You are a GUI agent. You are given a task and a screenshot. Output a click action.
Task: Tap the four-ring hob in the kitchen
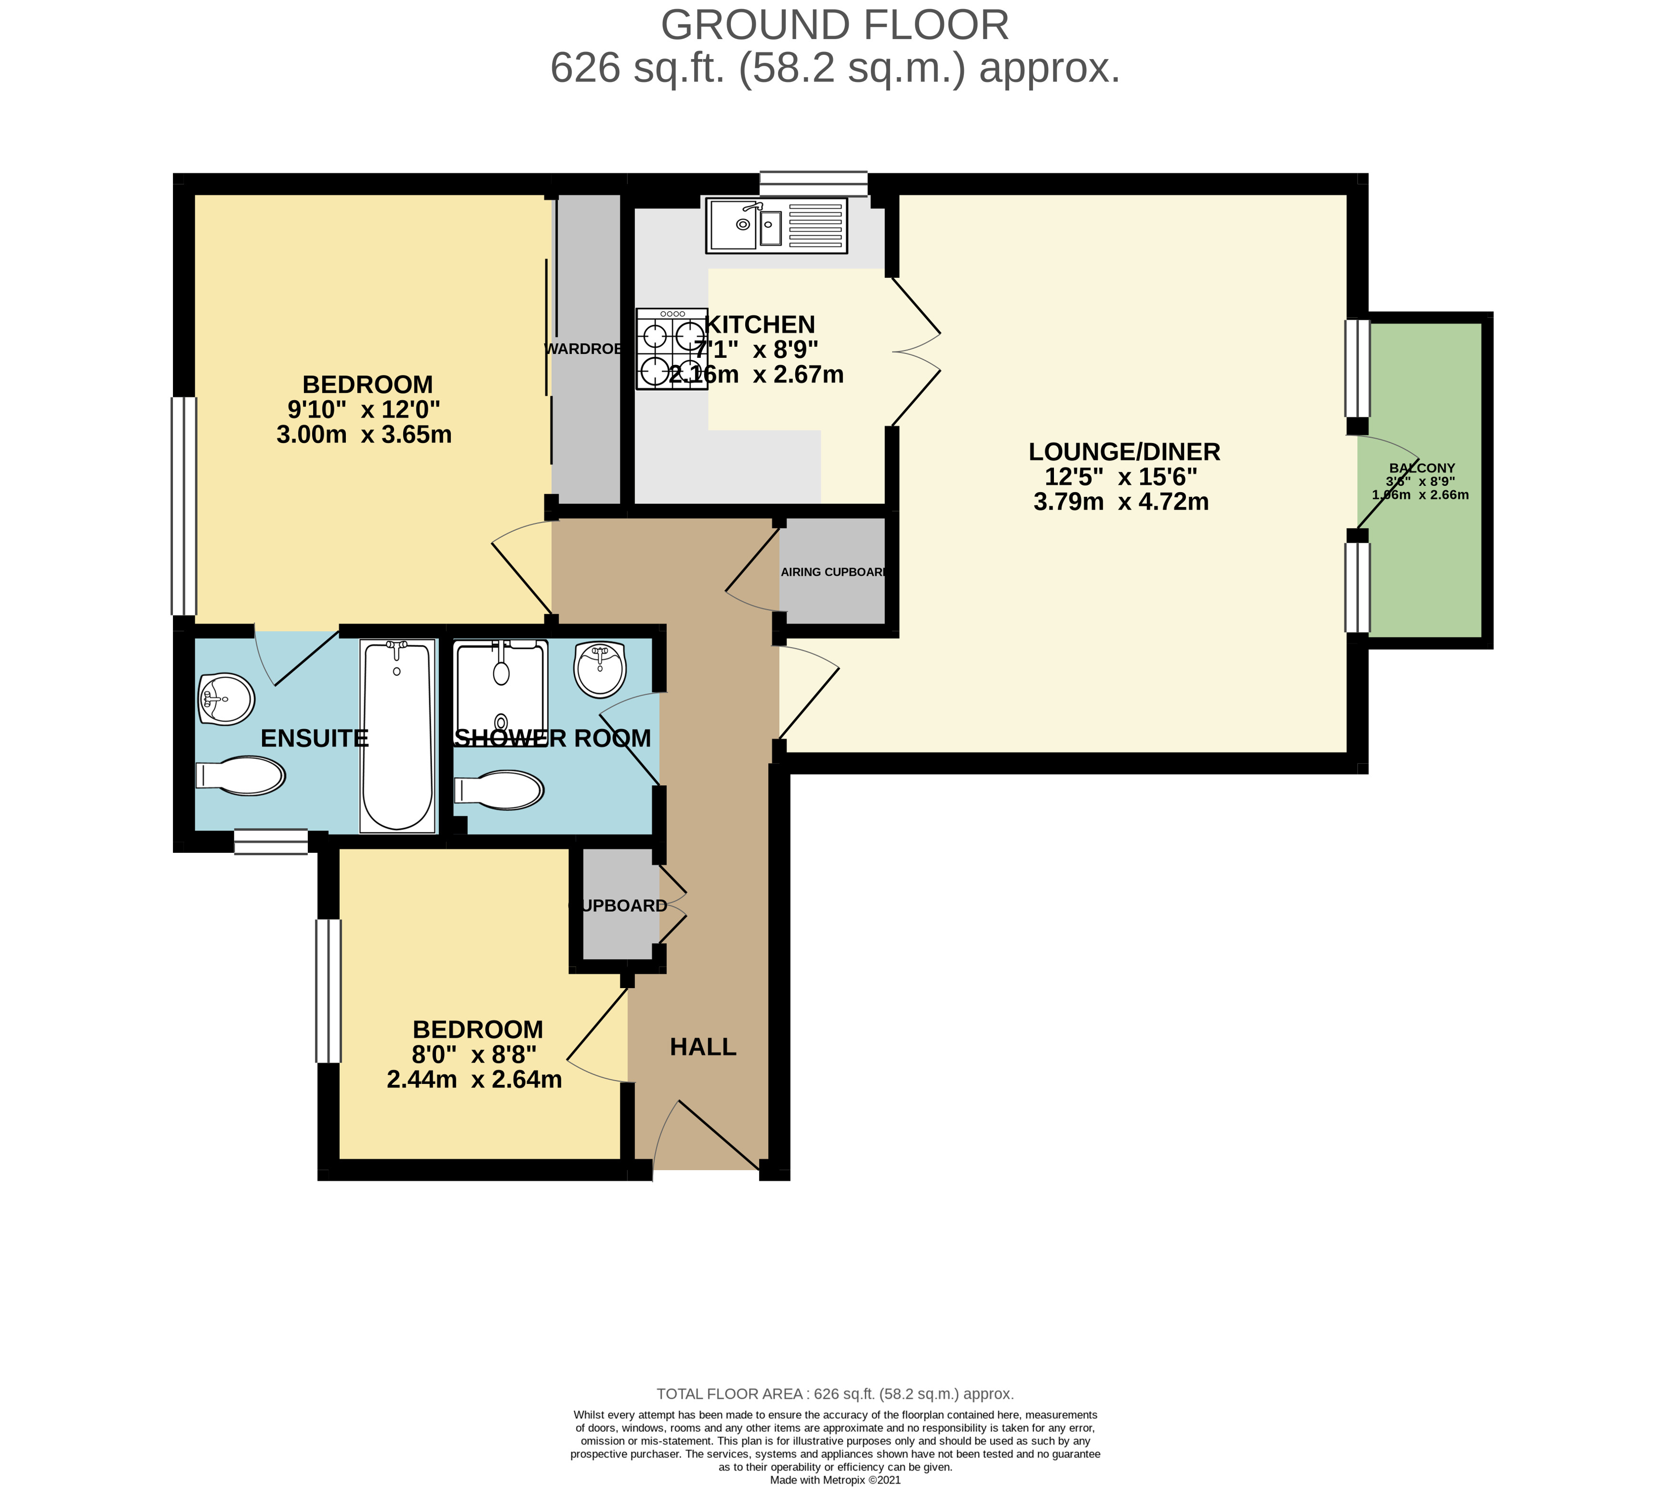click(x=671, y=348)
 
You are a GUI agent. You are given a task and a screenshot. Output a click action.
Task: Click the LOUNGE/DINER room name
click(x=1124, y=451)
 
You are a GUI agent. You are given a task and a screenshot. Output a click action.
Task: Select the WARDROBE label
click(x=583, y=349)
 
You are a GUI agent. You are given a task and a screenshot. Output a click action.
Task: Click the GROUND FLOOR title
click(x=835, y=25)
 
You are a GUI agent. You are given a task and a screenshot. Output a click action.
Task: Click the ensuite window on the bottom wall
click(x=271, y=842)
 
